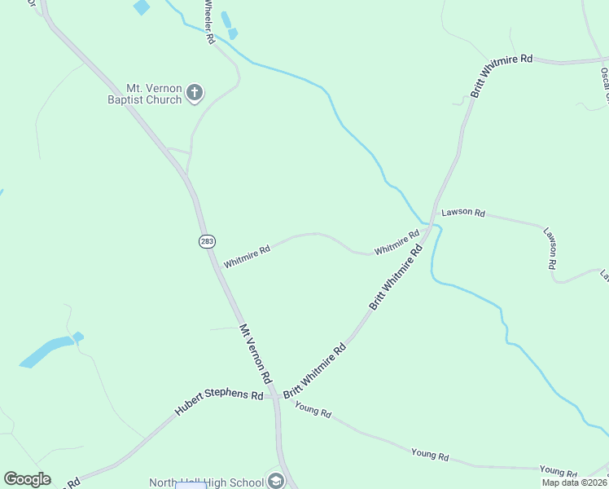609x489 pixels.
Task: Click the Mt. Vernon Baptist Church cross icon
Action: coord(195,92)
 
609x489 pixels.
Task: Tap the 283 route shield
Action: coord(205,241)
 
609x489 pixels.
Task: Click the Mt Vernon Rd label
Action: coord(255,355)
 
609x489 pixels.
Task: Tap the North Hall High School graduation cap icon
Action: coord(276,482)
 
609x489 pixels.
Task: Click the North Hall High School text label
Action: coord(208,482)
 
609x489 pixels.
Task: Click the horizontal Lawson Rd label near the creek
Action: coord(463,213)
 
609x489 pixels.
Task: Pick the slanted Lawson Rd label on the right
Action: coord(552,249)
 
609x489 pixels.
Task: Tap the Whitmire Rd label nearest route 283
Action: coord(247,257)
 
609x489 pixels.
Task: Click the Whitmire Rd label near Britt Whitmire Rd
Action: coord(397,240)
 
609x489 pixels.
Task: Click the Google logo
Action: coord(27,479)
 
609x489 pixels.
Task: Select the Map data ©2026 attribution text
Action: coord(575,482)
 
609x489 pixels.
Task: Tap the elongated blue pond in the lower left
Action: coord(46,351)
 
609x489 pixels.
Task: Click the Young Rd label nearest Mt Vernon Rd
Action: coord(313,411)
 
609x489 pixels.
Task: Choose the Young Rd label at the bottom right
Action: coord(558,471)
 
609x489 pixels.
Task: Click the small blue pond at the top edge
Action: coord(142,7)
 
